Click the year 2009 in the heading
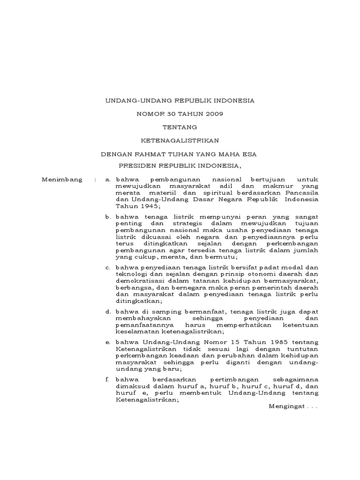pos(212,113)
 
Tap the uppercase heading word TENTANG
pos(180,127)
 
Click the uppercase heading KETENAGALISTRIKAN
pos(180,140)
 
